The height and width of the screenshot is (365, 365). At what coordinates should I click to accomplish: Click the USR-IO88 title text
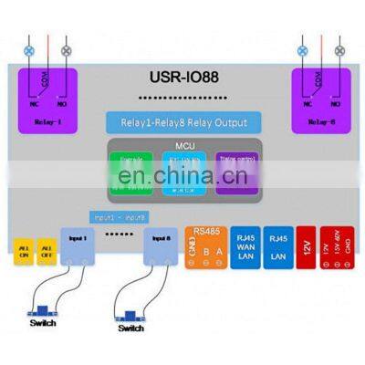tap(182, 79)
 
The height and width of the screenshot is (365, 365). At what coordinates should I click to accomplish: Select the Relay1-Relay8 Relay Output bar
tap(182, 121)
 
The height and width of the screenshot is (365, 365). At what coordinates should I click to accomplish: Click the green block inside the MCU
tap(130, 170)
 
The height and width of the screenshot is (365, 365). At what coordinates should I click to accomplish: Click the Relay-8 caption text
tap(321, 120)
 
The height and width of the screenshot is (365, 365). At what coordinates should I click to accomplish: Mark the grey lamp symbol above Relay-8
tap(340, 52)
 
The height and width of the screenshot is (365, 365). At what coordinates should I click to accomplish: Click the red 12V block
tap(306, 246)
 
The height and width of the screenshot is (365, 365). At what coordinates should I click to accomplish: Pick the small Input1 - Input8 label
tap(117, 216)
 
